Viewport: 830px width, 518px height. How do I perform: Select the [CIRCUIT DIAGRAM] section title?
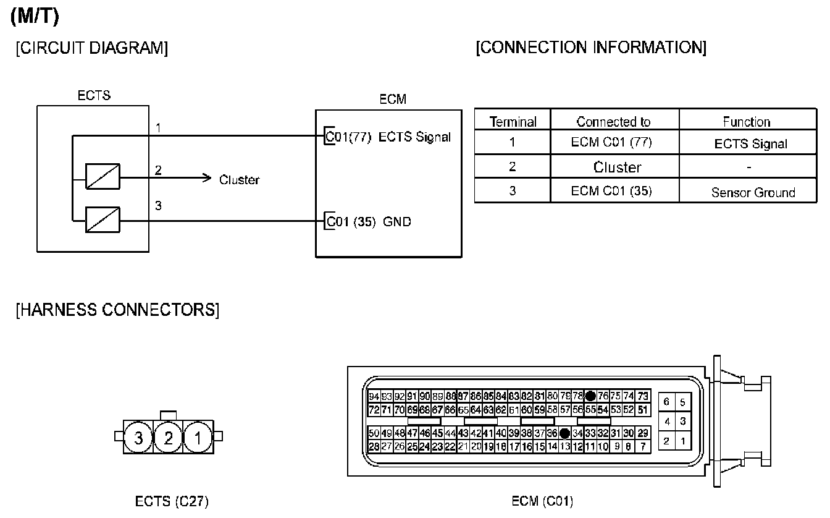[x=91, y=49]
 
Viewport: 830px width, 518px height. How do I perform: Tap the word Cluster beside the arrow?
[x=240, y=180]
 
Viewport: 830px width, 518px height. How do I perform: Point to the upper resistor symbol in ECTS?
[x=103, y=176]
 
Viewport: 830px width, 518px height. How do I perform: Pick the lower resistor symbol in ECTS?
[x=103, y=219]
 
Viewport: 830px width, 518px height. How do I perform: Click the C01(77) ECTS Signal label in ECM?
[x=388, y=137]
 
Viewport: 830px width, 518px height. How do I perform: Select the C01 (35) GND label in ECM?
[x=369, y=221]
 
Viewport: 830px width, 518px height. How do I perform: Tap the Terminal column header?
[x=513, y=122]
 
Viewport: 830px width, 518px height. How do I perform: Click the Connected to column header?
[x=614, y=122]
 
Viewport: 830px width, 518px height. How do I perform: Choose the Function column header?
[x=747, y=122]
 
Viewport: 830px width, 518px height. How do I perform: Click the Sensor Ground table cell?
[x=753, y=192]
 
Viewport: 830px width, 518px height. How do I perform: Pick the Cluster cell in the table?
[x=617, y=167]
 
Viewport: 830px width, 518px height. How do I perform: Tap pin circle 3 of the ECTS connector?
[x=138, y=438]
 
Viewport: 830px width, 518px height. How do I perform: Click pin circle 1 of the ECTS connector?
[x=198, y=438]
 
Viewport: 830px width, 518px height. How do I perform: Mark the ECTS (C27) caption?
[x=172, y=501]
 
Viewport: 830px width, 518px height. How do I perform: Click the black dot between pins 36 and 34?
[x=564, y=433]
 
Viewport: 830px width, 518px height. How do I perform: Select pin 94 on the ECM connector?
[x=374, y=396]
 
